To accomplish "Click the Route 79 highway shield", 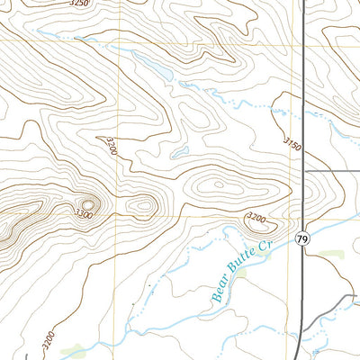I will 301,238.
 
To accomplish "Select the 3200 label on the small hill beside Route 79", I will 256,218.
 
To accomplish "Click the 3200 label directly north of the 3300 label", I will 110,146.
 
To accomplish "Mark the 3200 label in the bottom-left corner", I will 47,343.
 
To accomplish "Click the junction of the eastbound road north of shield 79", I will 304,169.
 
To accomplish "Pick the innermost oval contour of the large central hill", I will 220,186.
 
